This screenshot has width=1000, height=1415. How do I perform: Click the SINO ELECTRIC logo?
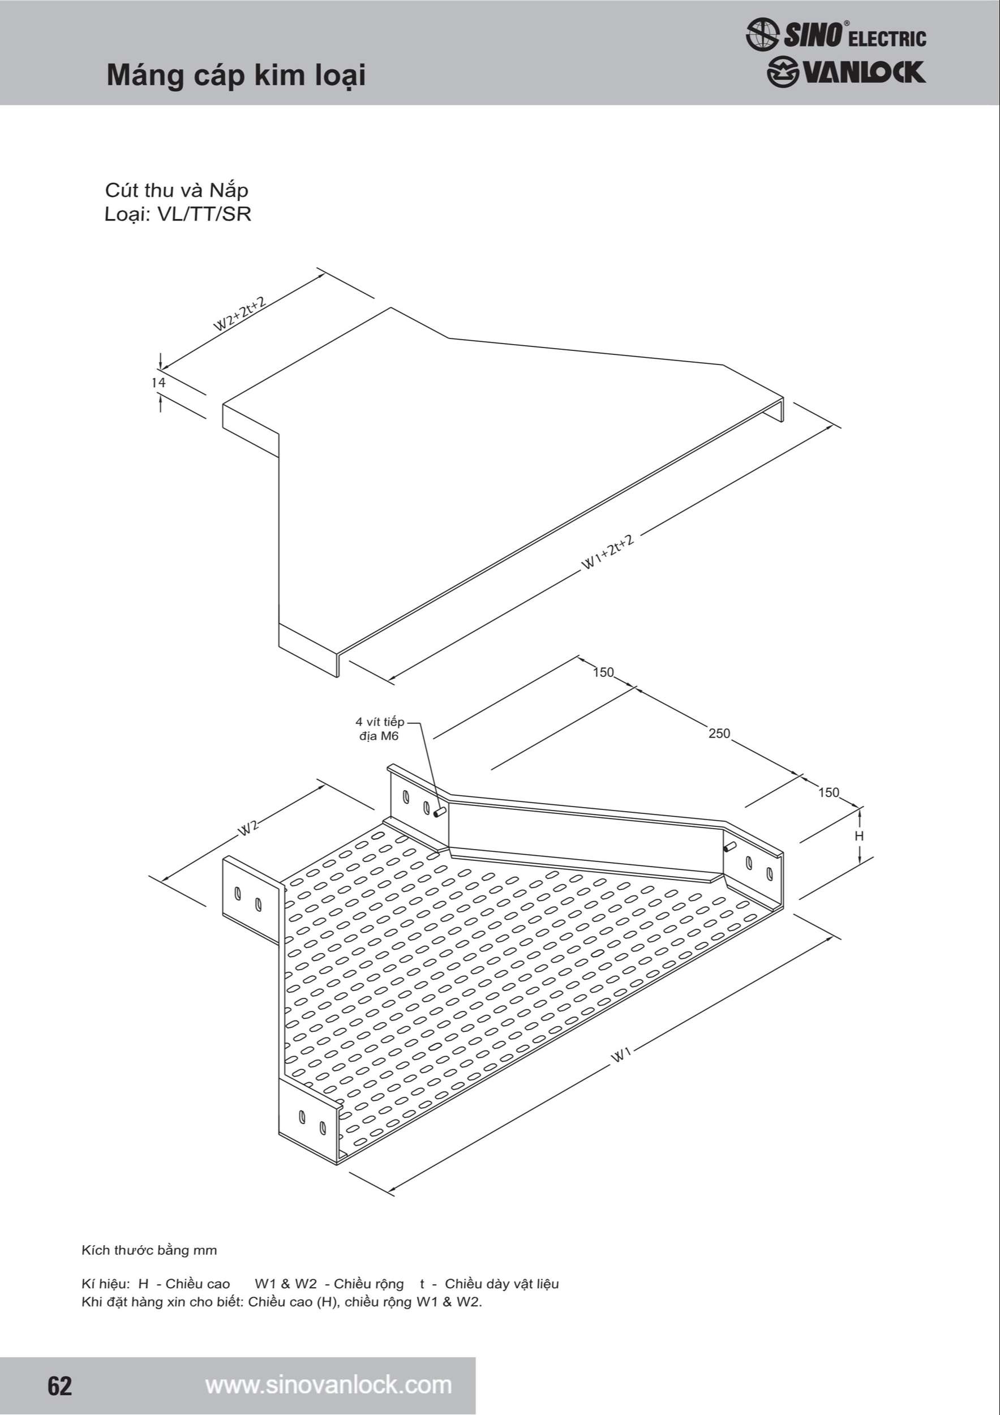click(835, 34)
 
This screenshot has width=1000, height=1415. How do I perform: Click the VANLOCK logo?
click(846, 72)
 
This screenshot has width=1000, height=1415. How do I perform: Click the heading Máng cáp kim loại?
click(236, 76)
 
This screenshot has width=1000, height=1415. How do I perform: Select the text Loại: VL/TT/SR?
click(178, 214)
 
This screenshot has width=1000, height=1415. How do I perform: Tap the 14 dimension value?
click(158, 383)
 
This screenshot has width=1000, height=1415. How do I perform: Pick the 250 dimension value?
click(719, 734)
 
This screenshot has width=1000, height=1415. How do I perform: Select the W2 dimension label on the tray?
click(248, 827)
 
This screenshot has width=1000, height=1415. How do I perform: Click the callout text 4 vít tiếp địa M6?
click(380, 728)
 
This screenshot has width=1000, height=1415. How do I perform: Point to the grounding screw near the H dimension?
click(729, 847)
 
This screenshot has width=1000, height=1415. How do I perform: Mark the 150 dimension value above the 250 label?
click(603, 672)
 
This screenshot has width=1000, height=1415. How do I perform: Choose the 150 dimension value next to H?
click(829, 792)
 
